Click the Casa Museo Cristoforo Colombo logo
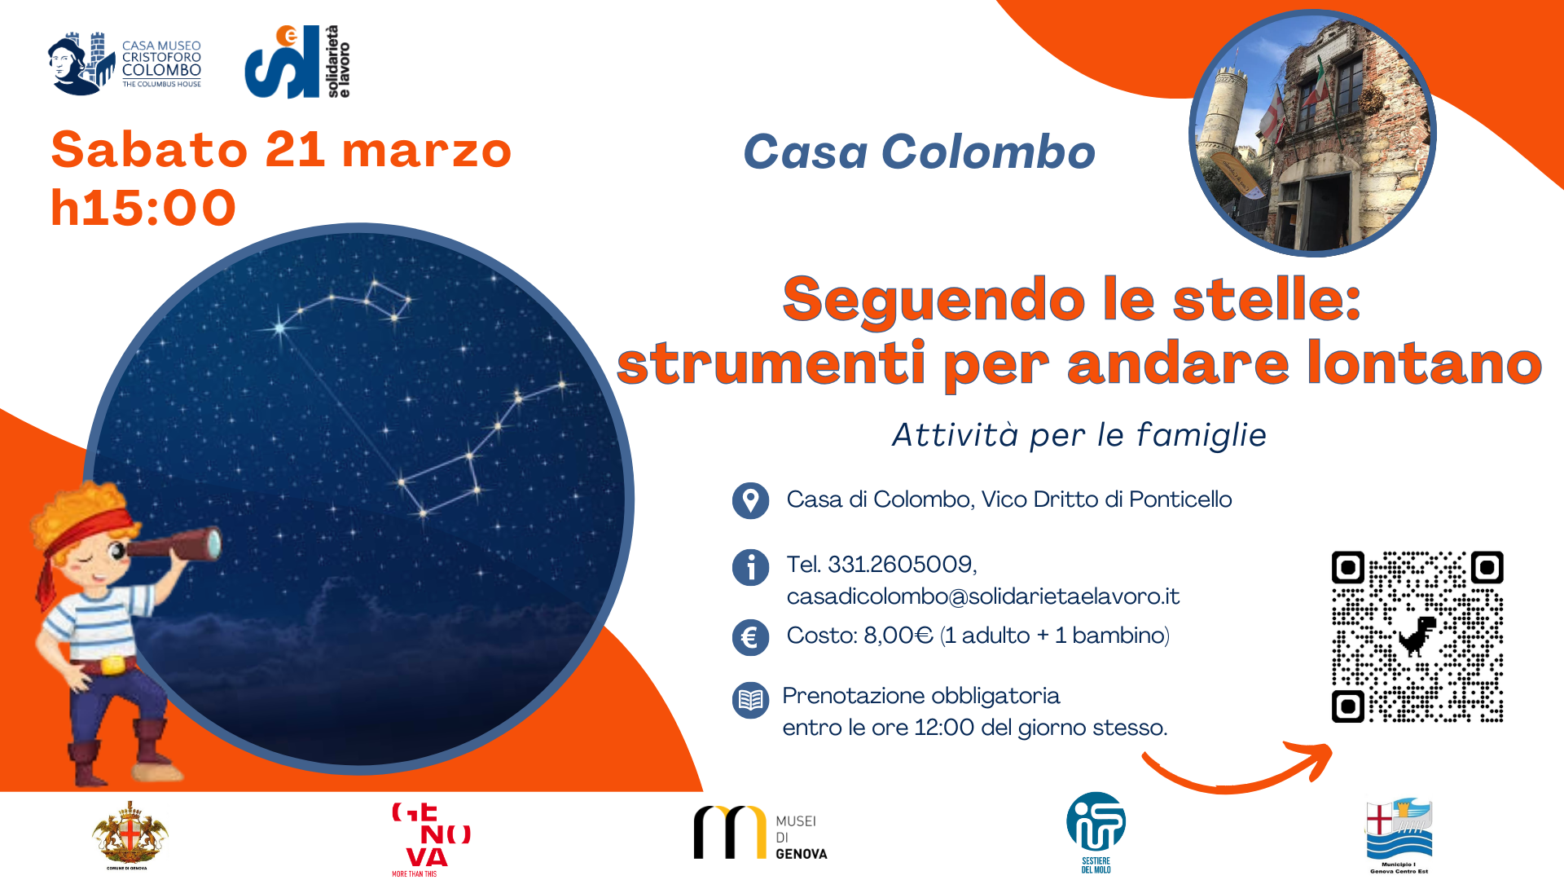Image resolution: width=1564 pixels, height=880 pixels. [125, 64]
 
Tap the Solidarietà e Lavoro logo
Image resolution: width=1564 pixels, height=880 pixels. [297, 62]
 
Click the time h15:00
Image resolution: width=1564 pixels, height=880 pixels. [143, 207]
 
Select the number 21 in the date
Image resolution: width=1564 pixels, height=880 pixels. [295, 150]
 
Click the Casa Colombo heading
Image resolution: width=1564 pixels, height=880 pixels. [919, 152]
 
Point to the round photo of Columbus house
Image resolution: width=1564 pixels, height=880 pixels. [1312, 133]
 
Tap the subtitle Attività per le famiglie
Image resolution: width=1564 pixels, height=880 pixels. [1079, 435]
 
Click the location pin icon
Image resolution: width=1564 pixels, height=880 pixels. [750, 500]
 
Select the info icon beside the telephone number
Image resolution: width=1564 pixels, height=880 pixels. [750, 567]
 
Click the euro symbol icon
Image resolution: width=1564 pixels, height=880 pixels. [750, 637]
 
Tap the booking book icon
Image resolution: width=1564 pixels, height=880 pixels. [750, 700]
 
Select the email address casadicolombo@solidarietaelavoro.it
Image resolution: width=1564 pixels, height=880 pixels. [982, 596]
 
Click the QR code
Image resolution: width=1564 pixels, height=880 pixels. [1417, 636]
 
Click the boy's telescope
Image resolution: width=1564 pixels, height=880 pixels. [175, 546]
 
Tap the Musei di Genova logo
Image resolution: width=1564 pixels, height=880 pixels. [760, 834]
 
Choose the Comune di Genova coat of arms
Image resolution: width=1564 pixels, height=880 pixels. [130, 835]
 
